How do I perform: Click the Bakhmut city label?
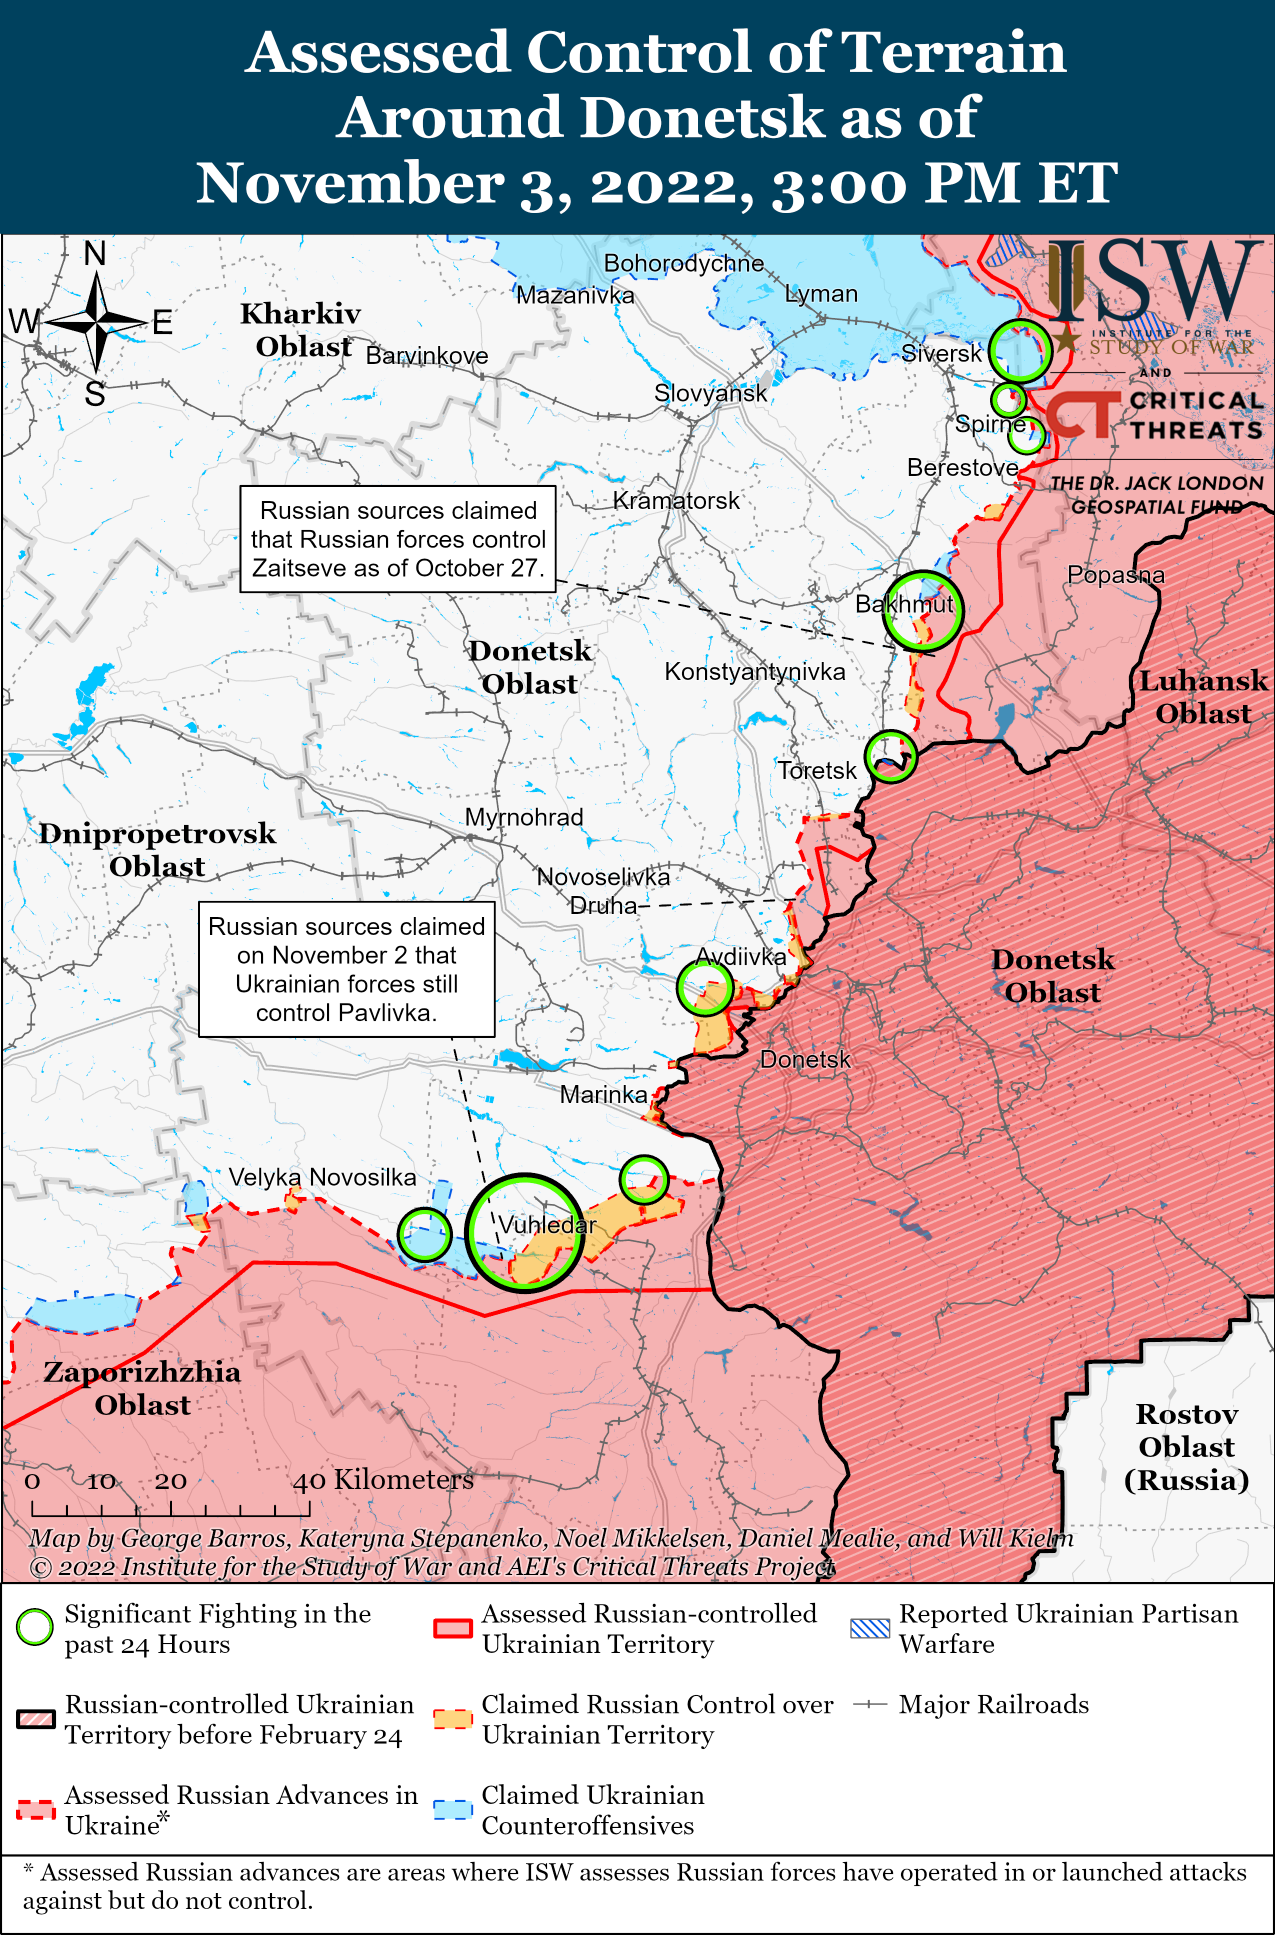pyautogui.click(x=903, y=604)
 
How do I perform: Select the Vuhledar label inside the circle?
pyautogui.click(x=547, y=1224)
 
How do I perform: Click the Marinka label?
pyautogui.click(x=603, y=1094)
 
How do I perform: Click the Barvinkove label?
pyautogui.click(x=427, y=355)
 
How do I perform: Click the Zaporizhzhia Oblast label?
pyautogui.click(x=142, y=1388)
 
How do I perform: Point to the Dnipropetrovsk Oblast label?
pyautogui.click(x=157, y=849)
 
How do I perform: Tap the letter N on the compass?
pyautogui.click(x=95, y=253)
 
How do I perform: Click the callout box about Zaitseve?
pyautogui.click(x=397, y=539)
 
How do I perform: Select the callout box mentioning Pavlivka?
pyautogui.click(x=346, y=969)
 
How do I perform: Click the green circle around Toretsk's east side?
pyautogui.click(x=890, y=756)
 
